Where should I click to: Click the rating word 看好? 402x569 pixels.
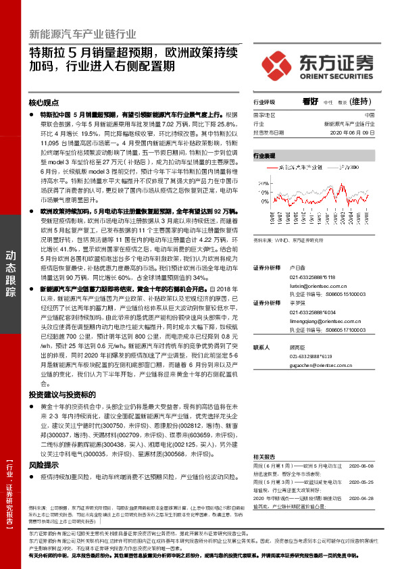click(x=310, y=101)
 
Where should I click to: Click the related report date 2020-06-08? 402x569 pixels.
click(x=361, y=447)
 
